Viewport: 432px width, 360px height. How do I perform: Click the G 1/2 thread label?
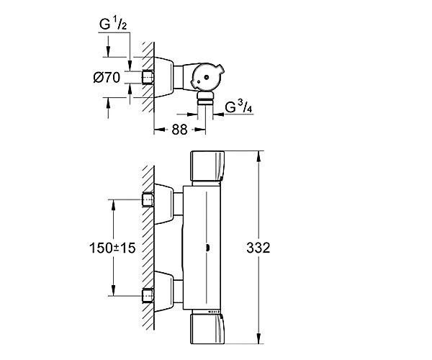(x=113, y=24)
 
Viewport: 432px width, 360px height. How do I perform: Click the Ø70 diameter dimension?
(x=107, y=77)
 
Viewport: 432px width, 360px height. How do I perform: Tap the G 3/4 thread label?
(x=238, y=107)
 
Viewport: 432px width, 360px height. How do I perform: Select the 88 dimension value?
(x=179, y=130)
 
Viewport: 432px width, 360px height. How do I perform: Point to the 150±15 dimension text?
(x=112, y=248)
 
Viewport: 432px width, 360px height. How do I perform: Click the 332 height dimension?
(x=258, y=248)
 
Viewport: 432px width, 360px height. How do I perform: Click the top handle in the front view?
(x=207, y=166)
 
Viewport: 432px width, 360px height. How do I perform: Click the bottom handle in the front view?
(x=207, y=329)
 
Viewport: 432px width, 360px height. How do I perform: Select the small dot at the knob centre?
(x=207, y=78)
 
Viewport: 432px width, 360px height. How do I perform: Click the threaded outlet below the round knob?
(x=205, y=99)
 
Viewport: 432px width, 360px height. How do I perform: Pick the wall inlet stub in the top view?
(x=148, y=77)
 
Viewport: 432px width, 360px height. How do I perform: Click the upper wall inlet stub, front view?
(x=148, y=199)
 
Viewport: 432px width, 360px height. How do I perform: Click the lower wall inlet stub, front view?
(x=148, y=296)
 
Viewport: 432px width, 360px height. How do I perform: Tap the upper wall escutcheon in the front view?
(x=164, y=204)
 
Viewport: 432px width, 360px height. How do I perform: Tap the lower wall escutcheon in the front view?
(x=164, y=292)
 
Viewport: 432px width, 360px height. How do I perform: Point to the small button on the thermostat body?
(x=208, y=248)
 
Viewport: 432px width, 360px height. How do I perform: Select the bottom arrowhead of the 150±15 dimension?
(x=113, y=290)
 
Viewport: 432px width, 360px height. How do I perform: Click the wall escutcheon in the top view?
(x=164, y=77)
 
